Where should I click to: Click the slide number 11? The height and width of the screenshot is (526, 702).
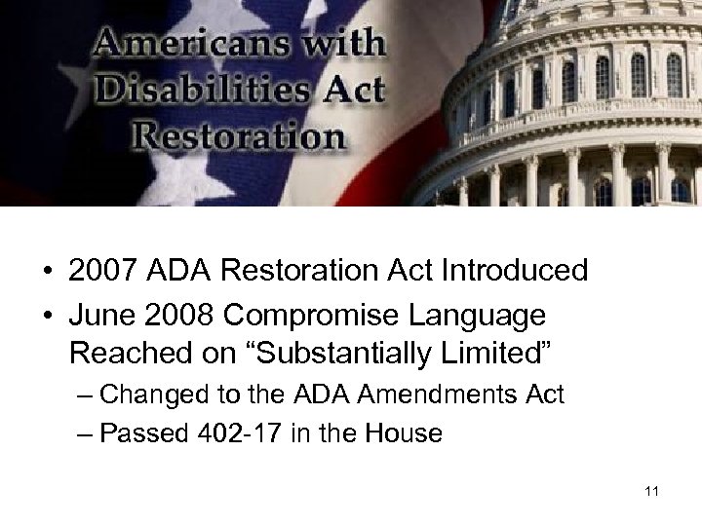click(651, 491)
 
